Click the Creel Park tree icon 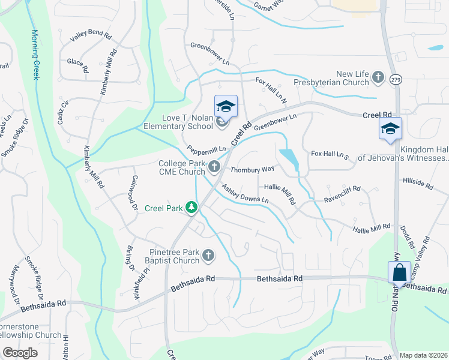[191, 208]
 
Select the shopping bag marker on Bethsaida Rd [399, 273]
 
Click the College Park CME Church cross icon [213, 166]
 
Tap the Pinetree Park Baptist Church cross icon [208, 256]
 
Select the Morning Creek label [35, 55]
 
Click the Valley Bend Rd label [91, 36]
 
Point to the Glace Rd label [78, 62]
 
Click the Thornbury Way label [253, 169]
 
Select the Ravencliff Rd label [342, 193]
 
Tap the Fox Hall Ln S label [330, 155]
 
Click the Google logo [20, 353]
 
